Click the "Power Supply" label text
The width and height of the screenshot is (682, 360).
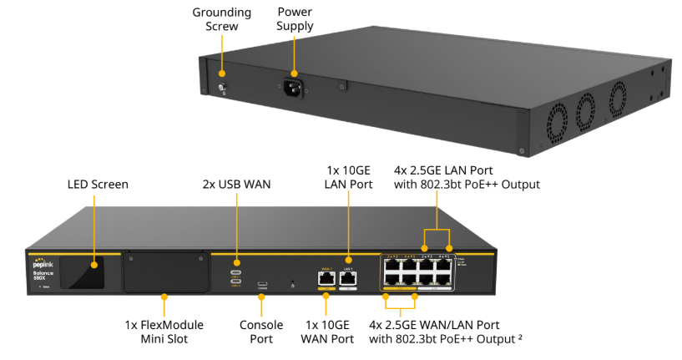click(x=295, y=19)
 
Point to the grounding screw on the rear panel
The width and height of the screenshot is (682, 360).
click(x=223, y=88)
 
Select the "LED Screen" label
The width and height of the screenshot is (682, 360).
click(x=98, y=184)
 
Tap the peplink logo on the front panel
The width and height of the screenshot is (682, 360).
click(x=44, y=262)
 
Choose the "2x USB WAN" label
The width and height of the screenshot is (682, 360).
click(x=237, y=184)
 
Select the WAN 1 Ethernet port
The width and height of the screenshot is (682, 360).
click(x=326, y=278)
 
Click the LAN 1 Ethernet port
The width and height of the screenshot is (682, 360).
click(x=347, y=278)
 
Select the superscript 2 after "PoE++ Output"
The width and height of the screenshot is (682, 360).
click(x=521, y=336)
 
